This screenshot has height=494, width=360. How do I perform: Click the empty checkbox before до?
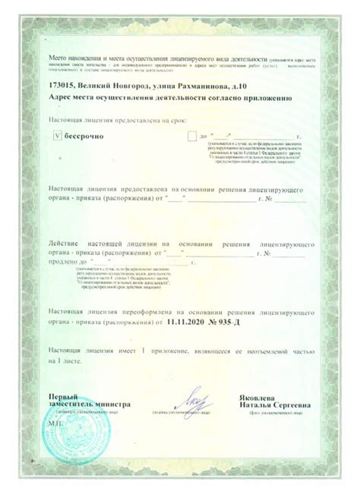pyautogui.click(x=191, y=135)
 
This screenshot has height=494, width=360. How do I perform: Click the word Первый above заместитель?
pyautogui.click(x=63, y=396)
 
